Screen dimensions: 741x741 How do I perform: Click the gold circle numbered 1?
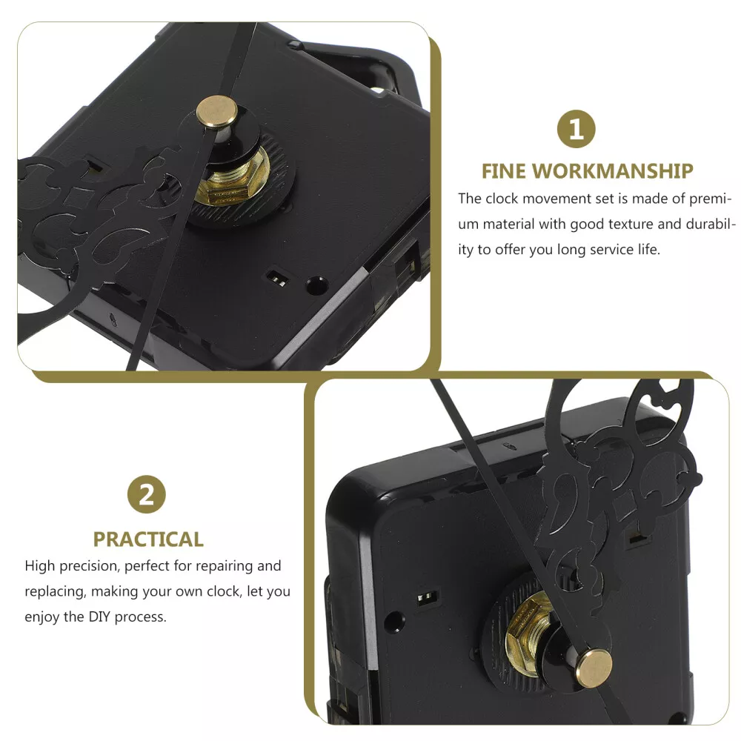576,129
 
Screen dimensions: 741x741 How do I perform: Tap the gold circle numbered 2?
147,494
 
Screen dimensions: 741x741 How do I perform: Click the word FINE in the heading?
504,171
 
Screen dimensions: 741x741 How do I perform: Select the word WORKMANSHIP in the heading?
613,171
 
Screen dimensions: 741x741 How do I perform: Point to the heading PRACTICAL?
148,539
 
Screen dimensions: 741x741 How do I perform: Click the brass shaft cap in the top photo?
217,112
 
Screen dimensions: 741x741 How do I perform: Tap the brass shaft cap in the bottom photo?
594,668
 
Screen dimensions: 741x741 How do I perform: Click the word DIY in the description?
100,617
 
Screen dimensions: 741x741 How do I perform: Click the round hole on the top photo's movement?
317,285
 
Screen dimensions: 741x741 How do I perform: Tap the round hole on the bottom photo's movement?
394,622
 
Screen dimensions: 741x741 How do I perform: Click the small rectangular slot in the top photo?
277,279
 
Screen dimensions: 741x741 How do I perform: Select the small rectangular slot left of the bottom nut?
428,598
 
